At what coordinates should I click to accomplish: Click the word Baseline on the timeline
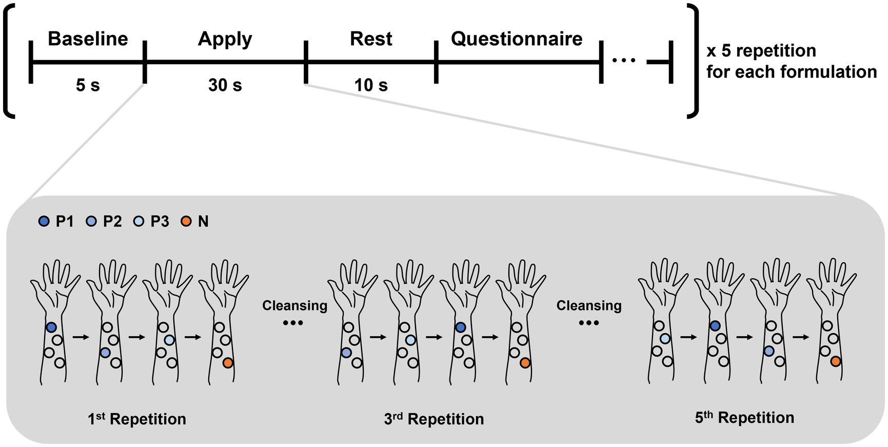tap(88, 39)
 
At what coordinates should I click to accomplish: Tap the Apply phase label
tap(225, 39)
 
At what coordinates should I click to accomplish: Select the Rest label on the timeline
tap(371, 39)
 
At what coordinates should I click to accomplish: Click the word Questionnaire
tap(517, 39)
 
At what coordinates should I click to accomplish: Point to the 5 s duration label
tap(88, 85)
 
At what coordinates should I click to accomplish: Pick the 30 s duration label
tap(225, 85)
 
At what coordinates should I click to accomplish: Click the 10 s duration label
tap(371, 85)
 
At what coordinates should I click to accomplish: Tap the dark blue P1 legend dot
tap(44, 222)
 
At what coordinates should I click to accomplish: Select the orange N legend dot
tap(186, 222)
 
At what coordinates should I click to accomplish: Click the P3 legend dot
tap(139, 222)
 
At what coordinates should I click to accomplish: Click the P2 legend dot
tap(91, 222)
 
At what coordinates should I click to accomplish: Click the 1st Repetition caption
tap(136, 419)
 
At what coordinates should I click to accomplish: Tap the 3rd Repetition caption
tap(433, 419)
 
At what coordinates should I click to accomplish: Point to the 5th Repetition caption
tap(744, 417)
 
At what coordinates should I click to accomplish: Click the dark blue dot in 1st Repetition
tap(51, 327)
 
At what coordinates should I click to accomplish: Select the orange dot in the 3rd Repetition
tap(525, 363)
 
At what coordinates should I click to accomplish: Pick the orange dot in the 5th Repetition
tap(836, 361)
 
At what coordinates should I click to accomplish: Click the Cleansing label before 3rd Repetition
tap(294, 306)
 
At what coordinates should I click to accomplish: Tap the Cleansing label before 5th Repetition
tap(589, 306)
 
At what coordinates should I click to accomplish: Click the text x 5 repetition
tap(761, 51)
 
